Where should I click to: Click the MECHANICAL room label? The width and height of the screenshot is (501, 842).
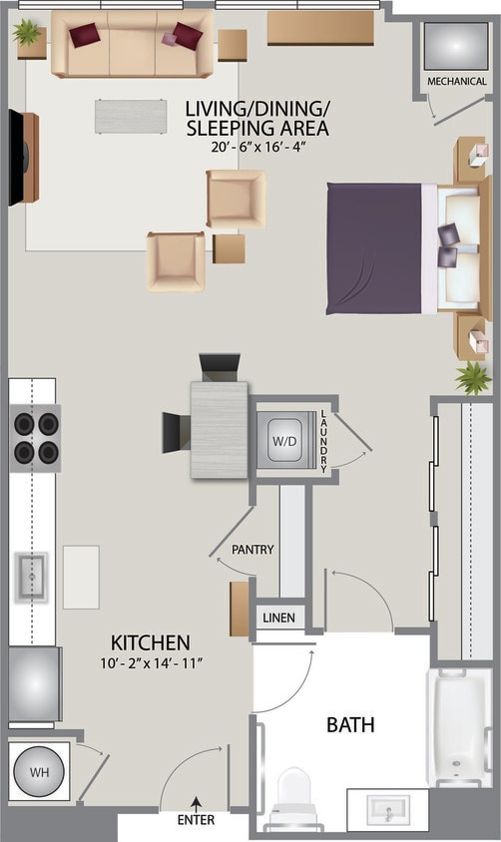(456, 81)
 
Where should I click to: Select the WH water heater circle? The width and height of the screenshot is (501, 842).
(38, 770)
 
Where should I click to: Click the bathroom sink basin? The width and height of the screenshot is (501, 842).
(388, 810)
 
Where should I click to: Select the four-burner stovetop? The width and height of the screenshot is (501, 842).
(35, 438)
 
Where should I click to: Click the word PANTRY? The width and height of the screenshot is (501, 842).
(252, 549)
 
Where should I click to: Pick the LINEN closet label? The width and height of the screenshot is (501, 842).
(278, 618)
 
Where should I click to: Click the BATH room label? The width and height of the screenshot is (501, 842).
(350, 725)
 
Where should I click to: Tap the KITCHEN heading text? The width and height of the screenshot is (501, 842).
(150, 641)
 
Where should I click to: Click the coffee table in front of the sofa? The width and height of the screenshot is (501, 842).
(131, 116)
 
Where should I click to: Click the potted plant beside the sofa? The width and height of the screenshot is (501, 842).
(28, 33)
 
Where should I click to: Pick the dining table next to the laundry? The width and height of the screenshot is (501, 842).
(220, 430)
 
